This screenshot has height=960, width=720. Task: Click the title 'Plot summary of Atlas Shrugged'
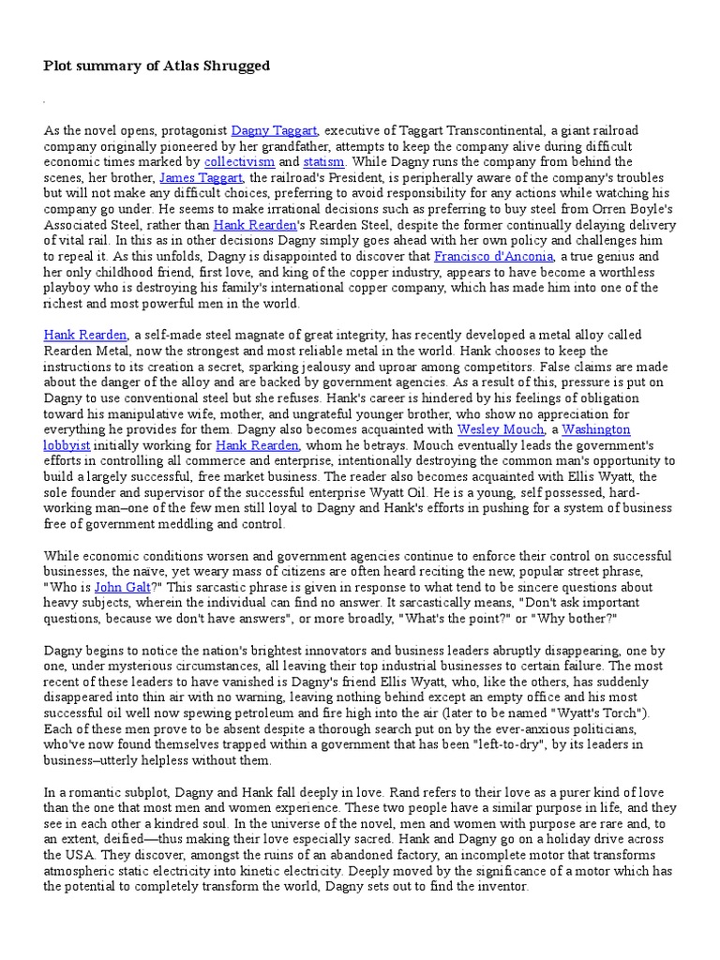click(157, 66)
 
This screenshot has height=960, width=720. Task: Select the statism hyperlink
click(323, 162)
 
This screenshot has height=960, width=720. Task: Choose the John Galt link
click(120, 587)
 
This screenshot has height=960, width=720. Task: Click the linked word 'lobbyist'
click(68, 445)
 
